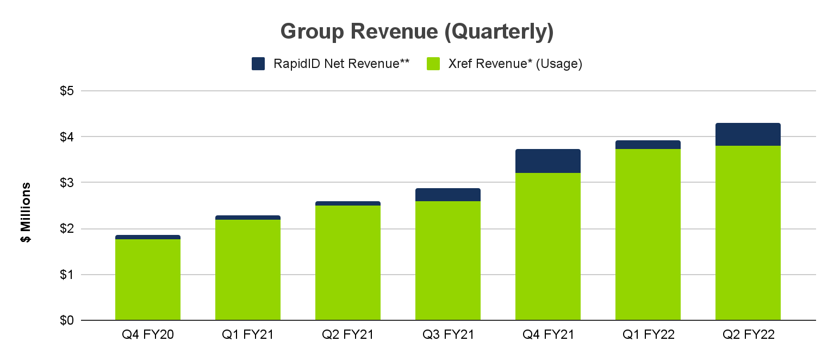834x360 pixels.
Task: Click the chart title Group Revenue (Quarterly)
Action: coord(417,32)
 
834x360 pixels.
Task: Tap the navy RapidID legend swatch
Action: coord(258,64)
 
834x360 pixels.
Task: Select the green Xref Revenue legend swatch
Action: coord(433,64)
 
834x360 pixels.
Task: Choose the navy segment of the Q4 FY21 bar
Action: coord(548,161)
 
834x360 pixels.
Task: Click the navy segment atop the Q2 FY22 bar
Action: coord(748,134)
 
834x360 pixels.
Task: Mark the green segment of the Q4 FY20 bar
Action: coord(148,280)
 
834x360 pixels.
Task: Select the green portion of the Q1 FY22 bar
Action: coord(648,234)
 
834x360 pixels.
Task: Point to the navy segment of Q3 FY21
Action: coord(448,195)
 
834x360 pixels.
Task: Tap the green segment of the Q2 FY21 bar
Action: coord(348,263)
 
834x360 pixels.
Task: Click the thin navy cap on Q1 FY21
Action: coord(248,218)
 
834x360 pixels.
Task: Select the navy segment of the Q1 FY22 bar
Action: coord(648,145)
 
